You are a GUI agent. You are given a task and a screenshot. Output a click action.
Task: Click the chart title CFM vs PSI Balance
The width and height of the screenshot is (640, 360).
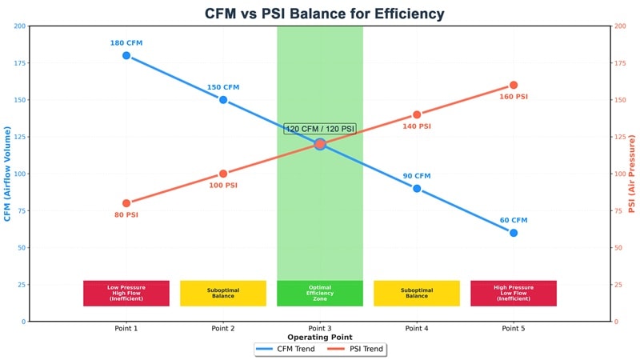pos(320,14)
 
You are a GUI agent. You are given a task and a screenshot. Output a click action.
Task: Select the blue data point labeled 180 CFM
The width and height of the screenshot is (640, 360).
pos(126,55)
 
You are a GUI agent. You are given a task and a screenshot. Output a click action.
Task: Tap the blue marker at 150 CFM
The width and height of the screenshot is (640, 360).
pos(223,100)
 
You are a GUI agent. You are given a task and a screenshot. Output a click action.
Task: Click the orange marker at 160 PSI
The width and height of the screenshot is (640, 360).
pos(514,85)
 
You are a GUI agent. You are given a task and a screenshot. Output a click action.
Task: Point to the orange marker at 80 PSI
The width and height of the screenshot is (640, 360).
pos(126,203)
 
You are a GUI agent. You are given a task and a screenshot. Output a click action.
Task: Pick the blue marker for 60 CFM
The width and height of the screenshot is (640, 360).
pos(514,233)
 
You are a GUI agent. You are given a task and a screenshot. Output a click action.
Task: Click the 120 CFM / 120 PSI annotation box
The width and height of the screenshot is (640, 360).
pos(320,129)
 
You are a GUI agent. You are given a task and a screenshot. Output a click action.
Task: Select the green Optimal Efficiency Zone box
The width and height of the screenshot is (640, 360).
pos(320,293)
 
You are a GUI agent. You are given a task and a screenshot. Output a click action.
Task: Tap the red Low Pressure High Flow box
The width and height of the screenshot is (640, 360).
pos(126,293)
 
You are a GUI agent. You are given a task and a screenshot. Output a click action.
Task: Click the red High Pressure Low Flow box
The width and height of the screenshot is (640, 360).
pos(514,293)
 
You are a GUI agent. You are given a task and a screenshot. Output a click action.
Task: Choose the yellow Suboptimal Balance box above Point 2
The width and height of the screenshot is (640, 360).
pos(223,293)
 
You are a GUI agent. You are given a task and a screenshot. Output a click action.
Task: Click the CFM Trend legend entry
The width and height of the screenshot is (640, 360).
pos(286,349)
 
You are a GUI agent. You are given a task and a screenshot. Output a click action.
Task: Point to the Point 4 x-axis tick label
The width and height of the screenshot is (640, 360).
pos(417,328)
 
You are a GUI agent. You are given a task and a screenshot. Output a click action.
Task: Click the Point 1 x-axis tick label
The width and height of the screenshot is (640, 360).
pos(126,328)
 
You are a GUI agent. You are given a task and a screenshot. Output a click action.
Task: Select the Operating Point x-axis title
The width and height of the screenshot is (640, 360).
pos(320,338)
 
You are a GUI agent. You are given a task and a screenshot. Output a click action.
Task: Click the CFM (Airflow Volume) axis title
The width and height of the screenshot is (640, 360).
pos(7,174)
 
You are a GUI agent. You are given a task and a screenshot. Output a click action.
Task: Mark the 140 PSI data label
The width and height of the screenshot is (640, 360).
pos(417,126)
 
